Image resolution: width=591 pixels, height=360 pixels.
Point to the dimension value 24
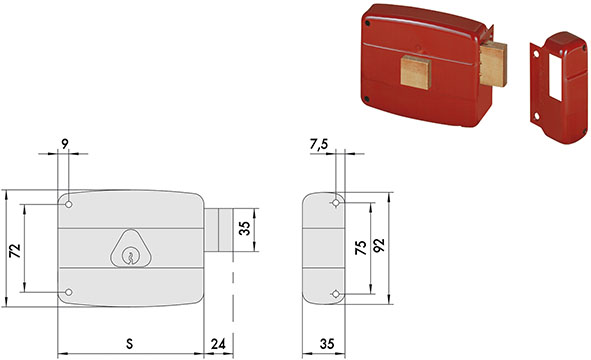219,343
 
